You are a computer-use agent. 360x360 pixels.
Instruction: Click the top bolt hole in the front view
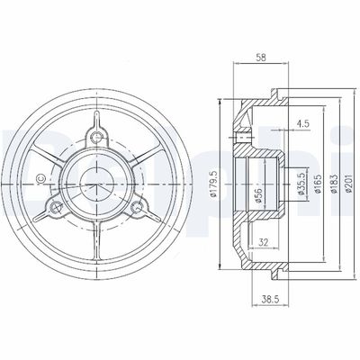[x=96, y=138]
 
